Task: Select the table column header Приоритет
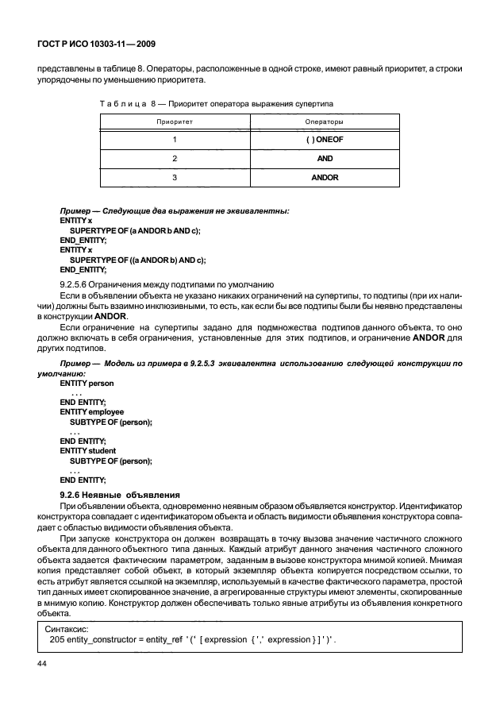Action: click(174, 122)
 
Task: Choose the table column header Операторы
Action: click(324, 122)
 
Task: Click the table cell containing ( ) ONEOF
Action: click(324, 141)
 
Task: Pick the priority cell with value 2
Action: click(174, 159)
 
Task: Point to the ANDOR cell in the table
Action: click(324, 177)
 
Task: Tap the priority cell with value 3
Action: click(174, 177)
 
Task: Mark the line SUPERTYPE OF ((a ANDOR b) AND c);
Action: click(137, 260)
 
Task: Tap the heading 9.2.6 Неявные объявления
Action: click(120, 495)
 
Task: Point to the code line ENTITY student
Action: click(87, 450)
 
